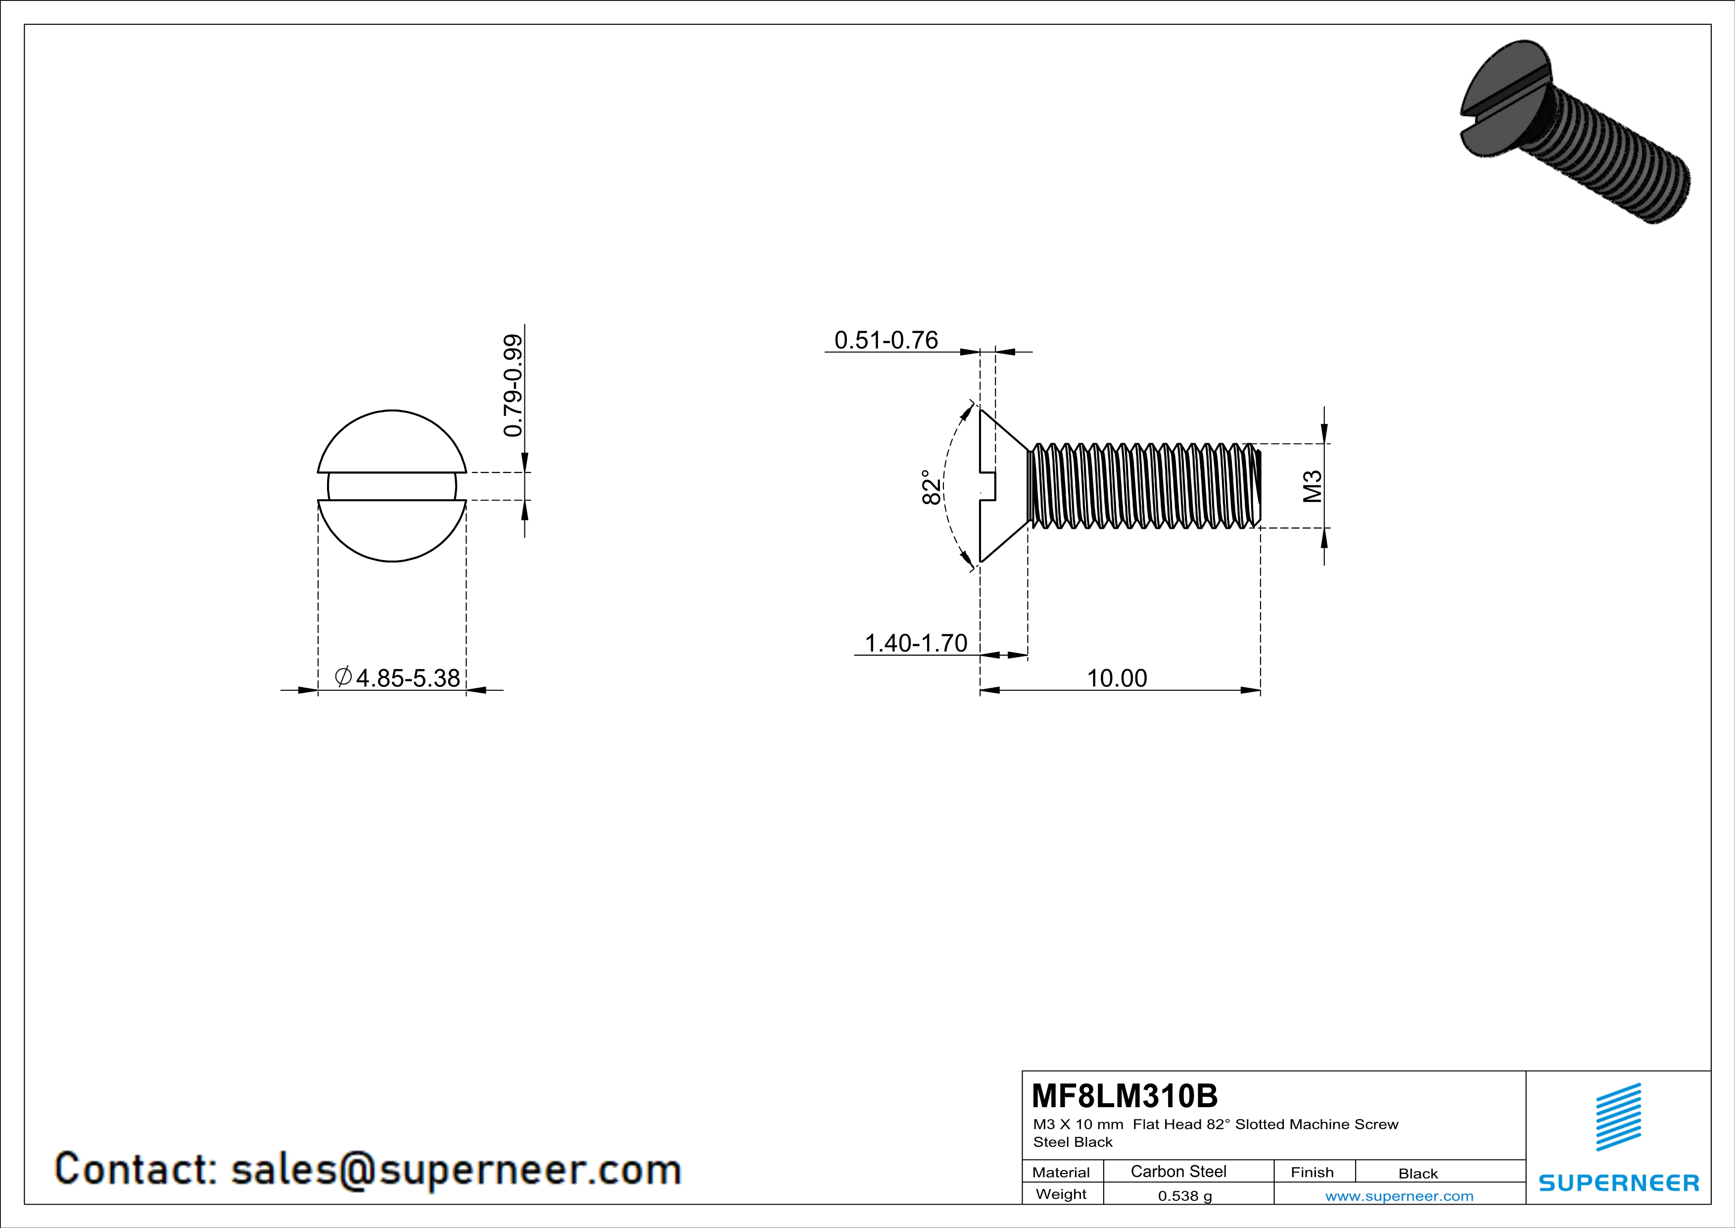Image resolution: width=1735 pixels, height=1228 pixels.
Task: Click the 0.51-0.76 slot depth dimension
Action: click(886, 340)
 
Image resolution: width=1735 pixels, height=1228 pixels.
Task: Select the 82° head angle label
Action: click(932, 488)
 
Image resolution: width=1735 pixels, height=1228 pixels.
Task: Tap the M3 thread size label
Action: click(1313, 486)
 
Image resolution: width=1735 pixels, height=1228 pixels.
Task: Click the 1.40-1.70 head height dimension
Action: click(915, 643)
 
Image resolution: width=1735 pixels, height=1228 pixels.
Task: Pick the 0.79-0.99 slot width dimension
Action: click(513, 386)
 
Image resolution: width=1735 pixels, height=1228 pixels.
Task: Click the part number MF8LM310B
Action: click(1125, 1096)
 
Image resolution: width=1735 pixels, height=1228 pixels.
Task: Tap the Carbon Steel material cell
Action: click(1178, 1171)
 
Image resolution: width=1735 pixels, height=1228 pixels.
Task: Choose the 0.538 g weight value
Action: click(1185, 1195)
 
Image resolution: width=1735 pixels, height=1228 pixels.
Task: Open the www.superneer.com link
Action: click(1399, 1195)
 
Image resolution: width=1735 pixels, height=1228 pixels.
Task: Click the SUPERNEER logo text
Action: click(1619, 1182)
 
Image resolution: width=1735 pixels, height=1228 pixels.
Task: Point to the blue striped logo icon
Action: click(1618, 1118)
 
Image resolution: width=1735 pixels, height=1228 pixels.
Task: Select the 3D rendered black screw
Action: click(1572, 132)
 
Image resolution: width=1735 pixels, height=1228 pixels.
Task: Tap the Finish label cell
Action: click(1312, 1172)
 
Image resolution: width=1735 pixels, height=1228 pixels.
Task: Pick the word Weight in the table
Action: click(1061, 1194)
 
